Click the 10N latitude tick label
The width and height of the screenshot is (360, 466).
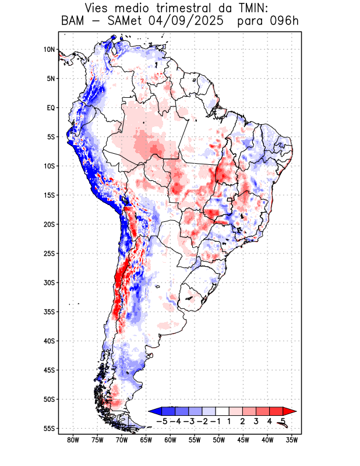(48, 50)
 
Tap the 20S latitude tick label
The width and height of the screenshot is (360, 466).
(48, 224)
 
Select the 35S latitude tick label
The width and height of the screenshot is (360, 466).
(48, 312)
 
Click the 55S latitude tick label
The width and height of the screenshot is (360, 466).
(48, 428)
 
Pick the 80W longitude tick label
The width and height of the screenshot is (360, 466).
(73, 440)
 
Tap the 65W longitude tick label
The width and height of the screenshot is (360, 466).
(146, 440)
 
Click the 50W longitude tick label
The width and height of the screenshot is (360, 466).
(218, 440)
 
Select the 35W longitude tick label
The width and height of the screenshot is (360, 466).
(291, 440)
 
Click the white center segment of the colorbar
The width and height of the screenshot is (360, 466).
(223, 411)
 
